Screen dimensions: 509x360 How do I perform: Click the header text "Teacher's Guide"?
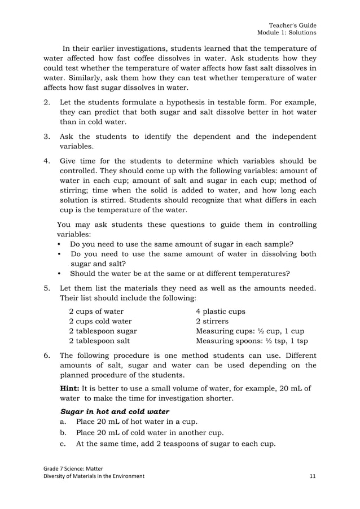pos(292,25)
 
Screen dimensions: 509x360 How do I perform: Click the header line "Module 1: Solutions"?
pos(287,34)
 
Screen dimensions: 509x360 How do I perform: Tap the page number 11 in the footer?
pos(313,476)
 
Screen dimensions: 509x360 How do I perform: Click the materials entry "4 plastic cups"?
pos(220,311)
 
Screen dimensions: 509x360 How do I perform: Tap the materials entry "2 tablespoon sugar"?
pos(102,331)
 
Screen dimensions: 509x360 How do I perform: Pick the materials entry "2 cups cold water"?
pos(100,321)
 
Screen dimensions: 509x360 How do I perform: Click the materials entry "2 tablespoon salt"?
pos(99,341)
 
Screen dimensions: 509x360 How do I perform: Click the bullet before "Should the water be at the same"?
pos(60,274)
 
